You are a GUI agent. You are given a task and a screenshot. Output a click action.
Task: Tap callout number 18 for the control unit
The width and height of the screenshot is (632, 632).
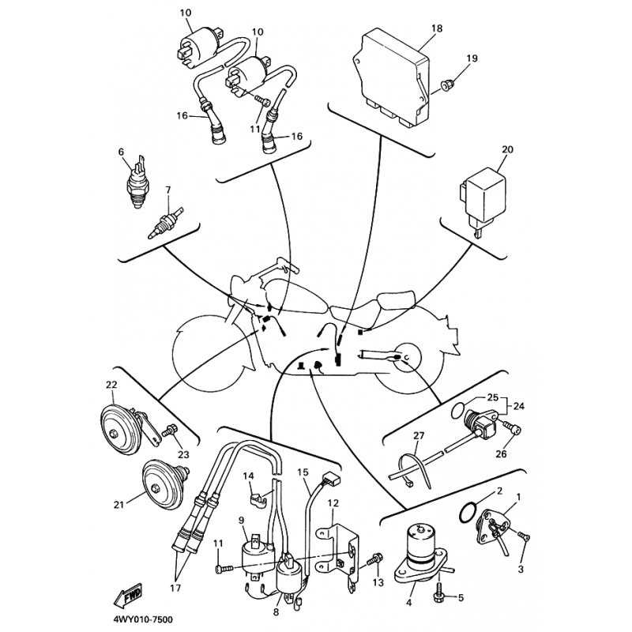tap(437, 28)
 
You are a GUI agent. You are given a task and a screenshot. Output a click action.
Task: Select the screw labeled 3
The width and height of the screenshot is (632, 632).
tap(525, 536)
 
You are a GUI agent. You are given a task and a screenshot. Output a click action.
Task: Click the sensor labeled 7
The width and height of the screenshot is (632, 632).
tap(166, 224)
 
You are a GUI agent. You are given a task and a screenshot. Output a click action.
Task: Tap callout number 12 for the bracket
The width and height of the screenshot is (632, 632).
tap(333, 503)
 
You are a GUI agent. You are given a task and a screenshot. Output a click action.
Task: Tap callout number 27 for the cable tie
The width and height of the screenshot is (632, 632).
tap(419, 435)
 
